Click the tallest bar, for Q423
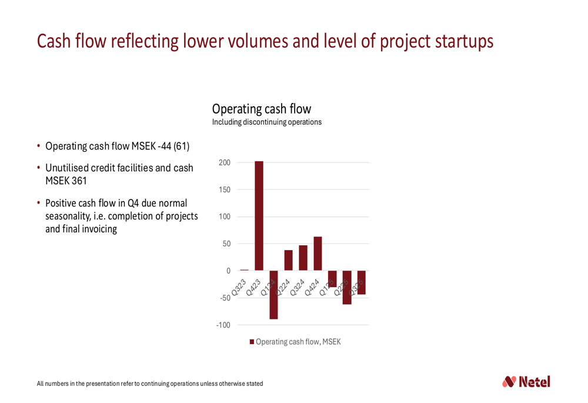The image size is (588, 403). pyautogui.click(x=259, y=215)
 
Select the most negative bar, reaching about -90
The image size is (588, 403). pyautogui.click(x=273, y=295)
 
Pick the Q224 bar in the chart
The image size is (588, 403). pyautogui.click(x=288, y=260)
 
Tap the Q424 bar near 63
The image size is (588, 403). pyautogui.click(x=318, y=254)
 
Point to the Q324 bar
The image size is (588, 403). pyautogui.click(x=303, y=258)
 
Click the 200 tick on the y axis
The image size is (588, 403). pyautogui.click(x=225, y=162)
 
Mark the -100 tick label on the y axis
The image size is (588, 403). pyautogui.click(x=223, y=325)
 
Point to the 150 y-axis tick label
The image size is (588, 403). pyautogui.click(x=225, y=189)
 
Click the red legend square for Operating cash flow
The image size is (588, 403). pyautogui.click(x=252, y=342)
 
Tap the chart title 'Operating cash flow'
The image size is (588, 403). pyautogui.click(x=261, y=109)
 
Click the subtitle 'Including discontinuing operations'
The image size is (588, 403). pyautogui.click(x=266, y=122)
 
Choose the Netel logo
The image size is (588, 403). pyautogui.click(x=526, y=382)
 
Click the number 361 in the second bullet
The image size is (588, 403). pyautogui.click(x=79, y=181)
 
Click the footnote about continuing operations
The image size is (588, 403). pyautogui.click(x=150, y=384)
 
